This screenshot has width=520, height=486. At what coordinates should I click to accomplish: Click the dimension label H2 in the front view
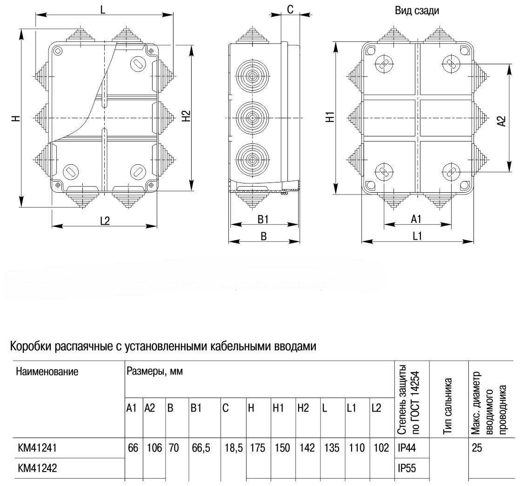coord(186,116)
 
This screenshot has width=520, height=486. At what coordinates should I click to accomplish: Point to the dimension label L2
coord(105,221)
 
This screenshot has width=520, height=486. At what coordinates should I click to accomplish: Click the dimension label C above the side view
coord(290,9)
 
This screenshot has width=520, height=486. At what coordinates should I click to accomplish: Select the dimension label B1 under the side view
coord(263,219)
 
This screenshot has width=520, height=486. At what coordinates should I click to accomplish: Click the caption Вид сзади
coord(417,11)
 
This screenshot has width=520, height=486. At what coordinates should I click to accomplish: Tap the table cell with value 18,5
coord(233,448)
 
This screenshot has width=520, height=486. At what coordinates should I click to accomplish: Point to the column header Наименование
coord(47,371)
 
